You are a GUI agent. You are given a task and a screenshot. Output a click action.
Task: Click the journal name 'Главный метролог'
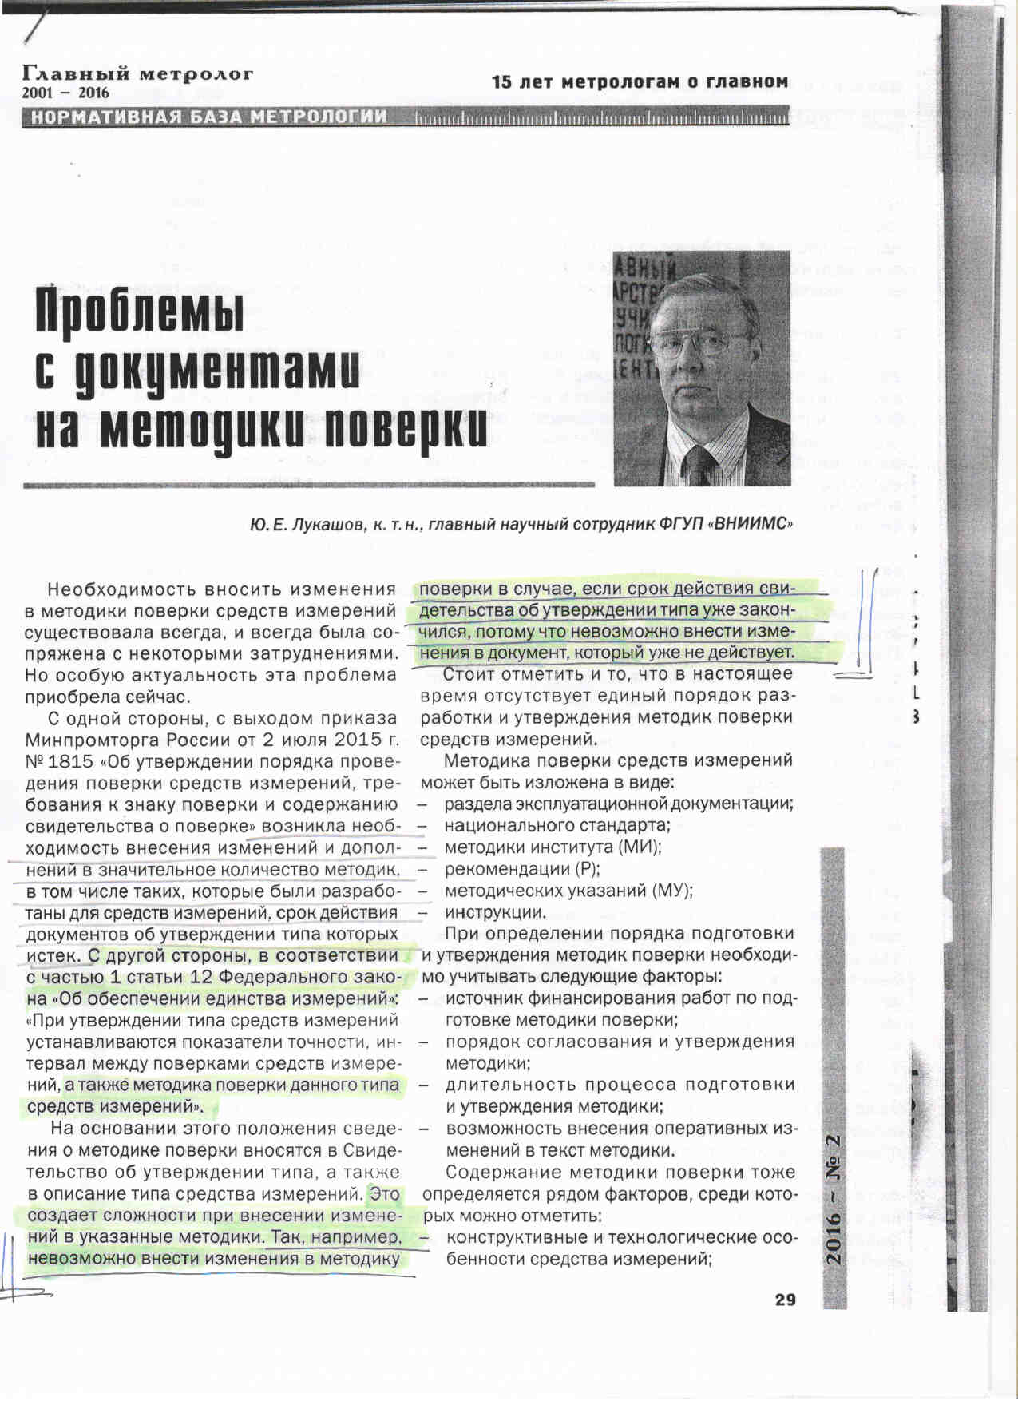(x=138, y=74)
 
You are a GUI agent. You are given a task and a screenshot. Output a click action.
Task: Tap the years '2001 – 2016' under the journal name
(x=65, y=93)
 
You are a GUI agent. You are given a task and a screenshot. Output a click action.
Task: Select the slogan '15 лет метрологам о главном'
(x=640, y=82)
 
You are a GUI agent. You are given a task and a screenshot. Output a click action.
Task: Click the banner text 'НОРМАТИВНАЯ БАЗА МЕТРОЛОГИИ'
(x=208, y=117)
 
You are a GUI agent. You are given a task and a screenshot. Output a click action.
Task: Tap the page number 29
(x=785, y=1300)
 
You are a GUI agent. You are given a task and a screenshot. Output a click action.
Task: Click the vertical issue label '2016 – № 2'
(x=834, y=1198)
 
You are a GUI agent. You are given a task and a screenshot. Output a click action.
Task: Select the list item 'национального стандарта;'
(x=557, y=825)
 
